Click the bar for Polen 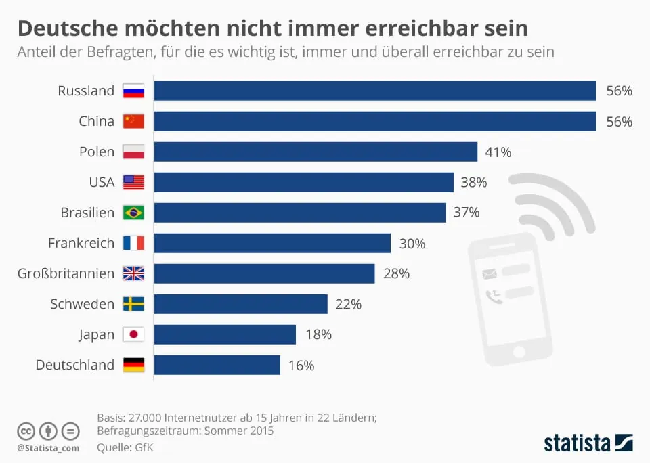316,152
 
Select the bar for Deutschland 217,365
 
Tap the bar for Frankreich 272,243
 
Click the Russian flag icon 133,91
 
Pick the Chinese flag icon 133,121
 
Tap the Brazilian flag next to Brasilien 133,213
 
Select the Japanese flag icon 133,334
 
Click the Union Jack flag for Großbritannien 133,273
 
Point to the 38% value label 474,182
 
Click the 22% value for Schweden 348,304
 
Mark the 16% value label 301,365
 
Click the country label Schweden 83,304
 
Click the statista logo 588,443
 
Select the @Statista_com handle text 48,448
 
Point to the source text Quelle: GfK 126,447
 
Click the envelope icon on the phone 489,273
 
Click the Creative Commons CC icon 26,431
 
